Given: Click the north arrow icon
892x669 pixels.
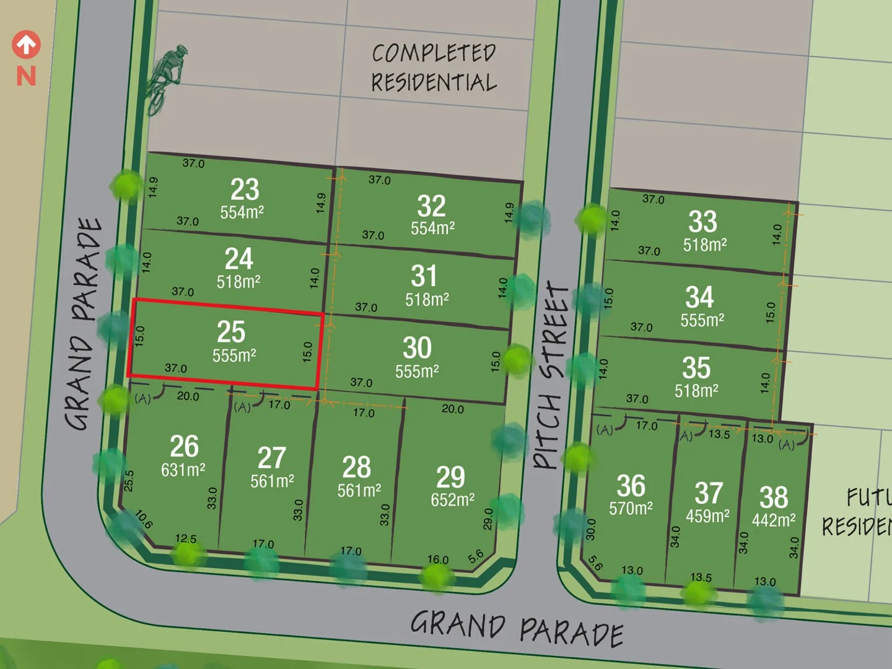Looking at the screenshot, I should [x=26, y=45].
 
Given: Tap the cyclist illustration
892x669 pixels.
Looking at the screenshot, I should [x=165, y=78].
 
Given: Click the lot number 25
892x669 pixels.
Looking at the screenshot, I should [x=231, y=332].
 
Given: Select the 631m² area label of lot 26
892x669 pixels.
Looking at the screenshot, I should [x=183, y=470].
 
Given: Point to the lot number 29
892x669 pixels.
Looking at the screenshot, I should [x=450, y=477].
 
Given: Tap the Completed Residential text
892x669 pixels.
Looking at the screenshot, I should [x=434, y=68].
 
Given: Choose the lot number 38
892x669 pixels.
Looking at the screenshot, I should [x=774, y=497].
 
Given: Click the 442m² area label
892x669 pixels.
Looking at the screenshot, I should [x=774, y=520].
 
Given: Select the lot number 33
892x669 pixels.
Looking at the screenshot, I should [x=702, y=222].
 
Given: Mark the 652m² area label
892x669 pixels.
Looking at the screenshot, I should [x=453, y=500].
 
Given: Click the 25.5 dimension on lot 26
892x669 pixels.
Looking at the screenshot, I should [x=129, y=481].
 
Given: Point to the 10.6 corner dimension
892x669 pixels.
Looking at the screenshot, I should [x=144, y=519].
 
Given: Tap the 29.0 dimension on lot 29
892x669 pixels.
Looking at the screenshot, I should [x=488, y=519].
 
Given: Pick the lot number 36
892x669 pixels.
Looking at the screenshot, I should [x=631, y=486].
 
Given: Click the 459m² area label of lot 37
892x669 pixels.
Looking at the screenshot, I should [x=707, y=516].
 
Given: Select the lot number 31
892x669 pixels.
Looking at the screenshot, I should [x=424, y=276].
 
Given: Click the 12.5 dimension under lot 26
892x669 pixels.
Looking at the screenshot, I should [x=186, y=538].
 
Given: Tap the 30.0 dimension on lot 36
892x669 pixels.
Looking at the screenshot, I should [x=591, y=529].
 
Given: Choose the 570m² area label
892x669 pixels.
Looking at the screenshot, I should [x=631, y=509].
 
